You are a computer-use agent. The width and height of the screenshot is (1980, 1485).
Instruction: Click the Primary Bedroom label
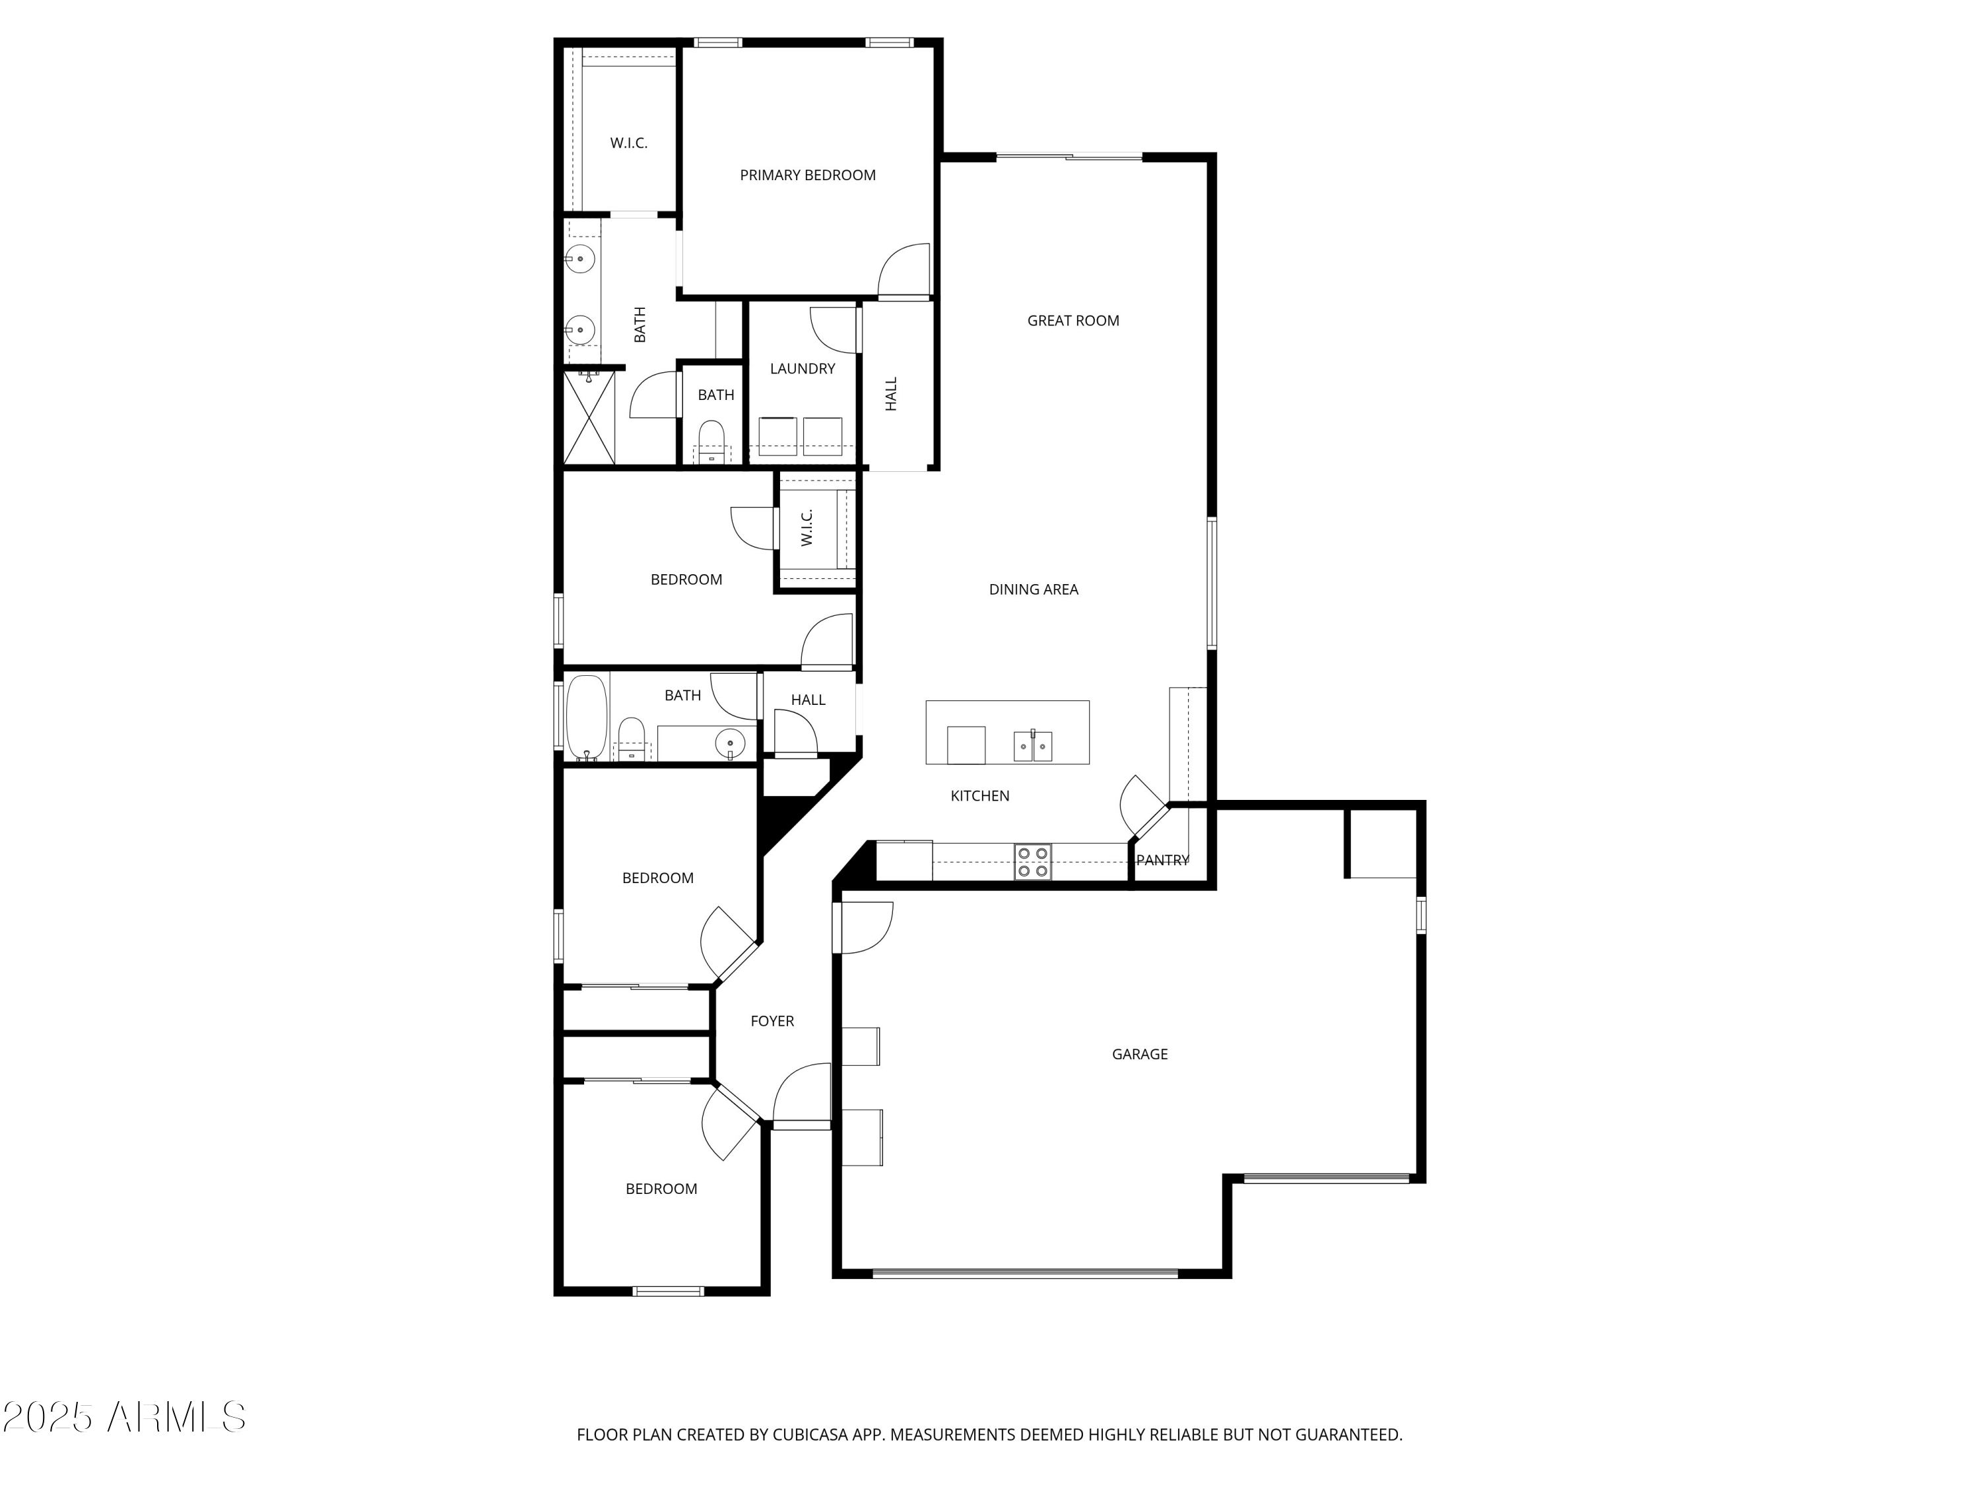coord(807,176)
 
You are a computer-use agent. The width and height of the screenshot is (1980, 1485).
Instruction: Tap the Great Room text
coord(1072,321)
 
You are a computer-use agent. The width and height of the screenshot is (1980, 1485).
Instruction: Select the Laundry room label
coord(802,369)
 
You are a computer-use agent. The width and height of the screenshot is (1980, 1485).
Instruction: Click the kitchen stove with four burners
coord(1032,862)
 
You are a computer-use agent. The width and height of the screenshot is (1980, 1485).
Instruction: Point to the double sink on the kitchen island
coord(1032,746)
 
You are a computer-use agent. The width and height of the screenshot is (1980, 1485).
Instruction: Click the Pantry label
coord(1162,860)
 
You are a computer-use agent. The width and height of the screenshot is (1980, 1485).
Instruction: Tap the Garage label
coord(1139,1055)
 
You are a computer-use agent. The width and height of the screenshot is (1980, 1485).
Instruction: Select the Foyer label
coord(772,1021)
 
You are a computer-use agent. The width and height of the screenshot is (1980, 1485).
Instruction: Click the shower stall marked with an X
coord(589,418)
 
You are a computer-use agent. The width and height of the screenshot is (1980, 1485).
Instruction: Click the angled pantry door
coord(1142,807)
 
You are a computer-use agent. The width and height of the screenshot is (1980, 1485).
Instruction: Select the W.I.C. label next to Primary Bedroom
coord(628,143)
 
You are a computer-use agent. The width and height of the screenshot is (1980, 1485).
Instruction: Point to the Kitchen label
coord(979,796)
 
